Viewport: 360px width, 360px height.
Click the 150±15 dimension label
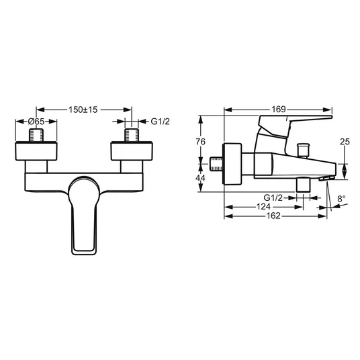point(83,109)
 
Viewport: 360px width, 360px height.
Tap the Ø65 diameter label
point(36,121)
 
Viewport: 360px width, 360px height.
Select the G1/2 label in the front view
point(161,121)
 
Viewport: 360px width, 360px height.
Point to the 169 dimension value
point(279,109)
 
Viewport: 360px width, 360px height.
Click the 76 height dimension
point(200,142)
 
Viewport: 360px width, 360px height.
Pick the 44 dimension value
point(200,178)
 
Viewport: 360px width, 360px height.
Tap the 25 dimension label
point(345,142)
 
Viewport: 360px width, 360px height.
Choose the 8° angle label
point(342,199)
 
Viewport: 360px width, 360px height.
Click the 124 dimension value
point(263,207)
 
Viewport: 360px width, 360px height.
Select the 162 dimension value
point(273,216)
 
